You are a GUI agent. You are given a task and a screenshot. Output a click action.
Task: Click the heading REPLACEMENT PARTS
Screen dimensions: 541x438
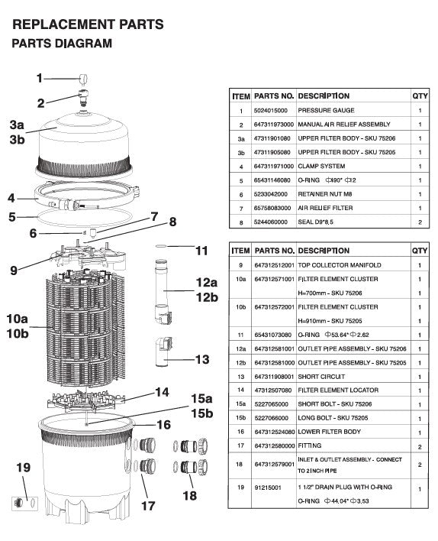click(x=88, y=24)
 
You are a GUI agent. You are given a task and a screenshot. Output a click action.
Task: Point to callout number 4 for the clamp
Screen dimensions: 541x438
click(x=11, y=198)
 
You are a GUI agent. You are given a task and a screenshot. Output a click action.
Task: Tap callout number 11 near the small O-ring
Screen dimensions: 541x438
click(x=201, y=250)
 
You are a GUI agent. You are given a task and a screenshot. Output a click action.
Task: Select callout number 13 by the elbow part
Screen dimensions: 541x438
click(x=202, y=359)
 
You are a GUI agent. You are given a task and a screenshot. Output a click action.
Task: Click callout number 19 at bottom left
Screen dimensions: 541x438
click(x=23, y=468)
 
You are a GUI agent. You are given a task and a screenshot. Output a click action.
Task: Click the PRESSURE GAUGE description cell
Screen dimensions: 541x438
click(x=324, y=110)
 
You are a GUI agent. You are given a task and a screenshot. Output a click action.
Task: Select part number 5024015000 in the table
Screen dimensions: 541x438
click(x=271, y=110)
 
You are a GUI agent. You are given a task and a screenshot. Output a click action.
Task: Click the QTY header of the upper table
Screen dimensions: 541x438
click(x=420, y=96)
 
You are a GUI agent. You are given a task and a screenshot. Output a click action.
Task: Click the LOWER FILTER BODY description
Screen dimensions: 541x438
click(x=327, y=432)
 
